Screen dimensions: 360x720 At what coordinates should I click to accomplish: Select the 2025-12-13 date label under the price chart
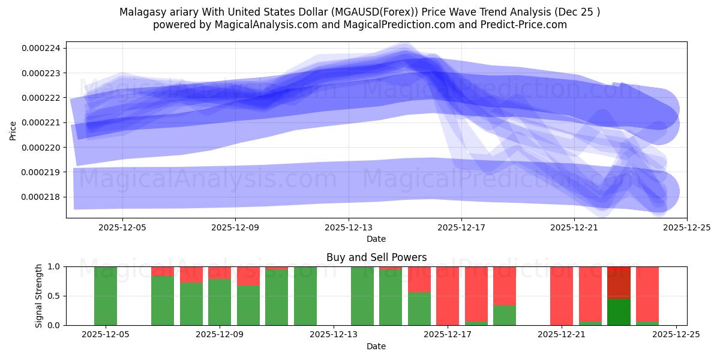(348, 228)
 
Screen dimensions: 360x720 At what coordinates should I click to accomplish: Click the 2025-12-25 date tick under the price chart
(686, 228)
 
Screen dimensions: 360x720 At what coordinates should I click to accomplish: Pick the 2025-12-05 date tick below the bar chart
(106, 335)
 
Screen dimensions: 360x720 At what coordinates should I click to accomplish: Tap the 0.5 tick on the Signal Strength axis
(53, 296)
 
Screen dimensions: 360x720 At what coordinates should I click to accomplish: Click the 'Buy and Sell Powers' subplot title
(376, 257)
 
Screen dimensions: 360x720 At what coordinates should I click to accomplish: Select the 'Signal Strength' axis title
(40, 296)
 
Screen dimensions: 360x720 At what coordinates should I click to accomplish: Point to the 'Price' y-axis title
(13, 130)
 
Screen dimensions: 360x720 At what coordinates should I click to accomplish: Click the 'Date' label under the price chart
(376, 239)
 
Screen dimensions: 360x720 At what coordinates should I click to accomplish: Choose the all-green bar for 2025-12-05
(106, 296)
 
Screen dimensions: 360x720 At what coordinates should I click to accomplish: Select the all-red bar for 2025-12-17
(448, 296)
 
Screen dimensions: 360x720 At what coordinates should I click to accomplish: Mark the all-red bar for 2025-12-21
(562, 296)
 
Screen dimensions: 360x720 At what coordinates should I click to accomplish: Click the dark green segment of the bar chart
(619, 311)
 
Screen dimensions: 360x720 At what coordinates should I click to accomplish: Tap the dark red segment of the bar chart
(619, 282)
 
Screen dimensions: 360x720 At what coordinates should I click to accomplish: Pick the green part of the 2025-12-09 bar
(220, 302)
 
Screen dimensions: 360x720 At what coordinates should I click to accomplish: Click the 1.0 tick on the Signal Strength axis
(53, 266)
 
